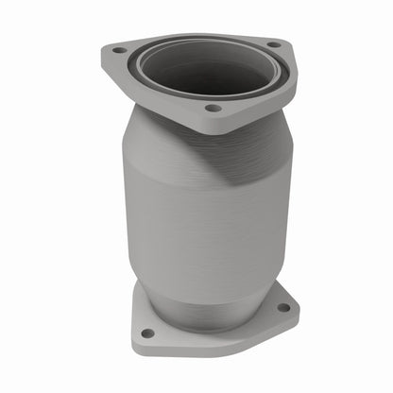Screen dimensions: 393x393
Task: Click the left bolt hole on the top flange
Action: (118, 49)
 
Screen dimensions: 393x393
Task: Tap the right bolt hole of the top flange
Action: (273, 43)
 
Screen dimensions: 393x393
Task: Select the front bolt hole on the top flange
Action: (214, 109)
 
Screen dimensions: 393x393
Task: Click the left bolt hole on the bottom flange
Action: (146, 333)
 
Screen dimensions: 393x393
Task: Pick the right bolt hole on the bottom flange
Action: (282, 306)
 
